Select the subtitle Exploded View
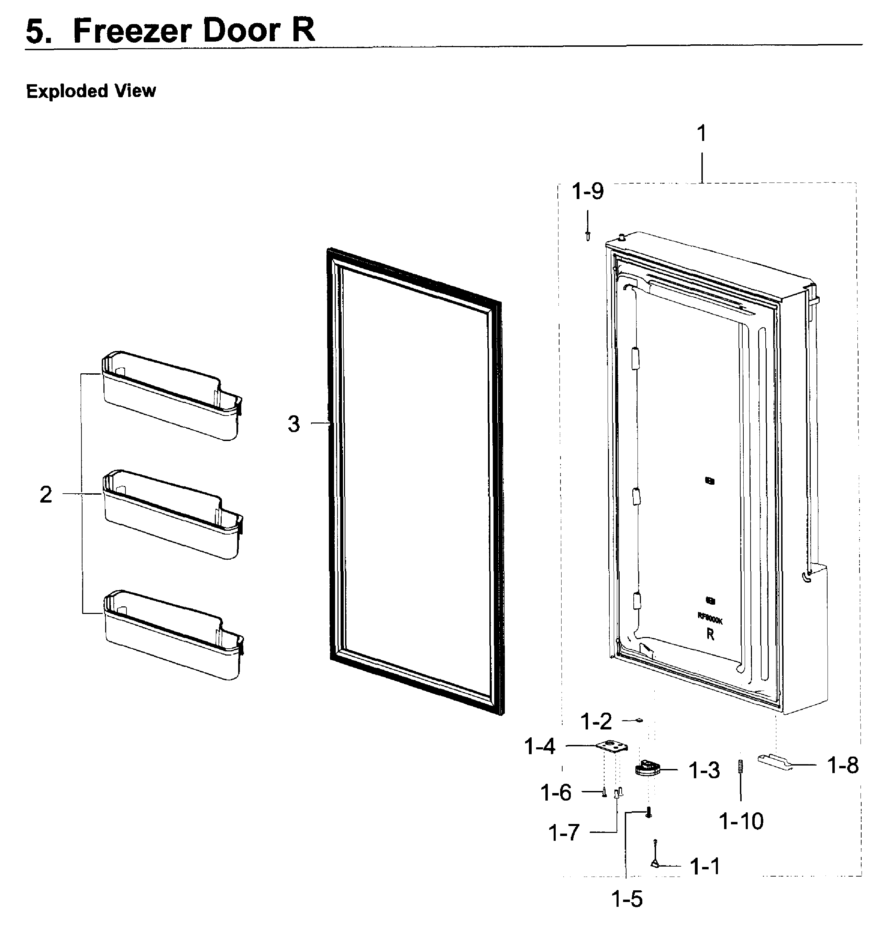pyautogui.click(x=91, y=91)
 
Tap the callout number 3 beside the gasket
pyautogui.click(x=293, y=424)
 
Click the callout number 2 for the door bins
pyautogui.click(x=46, y=494)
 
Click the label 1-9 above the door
pyautogui.click(x=587, y=191)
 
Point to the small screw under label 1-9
pyautogui.click(x=587, y=234)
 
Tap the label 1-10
pyautogui.click(x=741, y=821)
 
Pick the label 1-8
pyautogui.click(x=843, y=765)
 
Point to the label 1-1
pyautogui.click(x=705, y=866)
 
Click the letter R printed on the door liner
pyautogui.click(x=710, y=635)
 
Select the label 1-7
pyautogui.click(x=564, y=833)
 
